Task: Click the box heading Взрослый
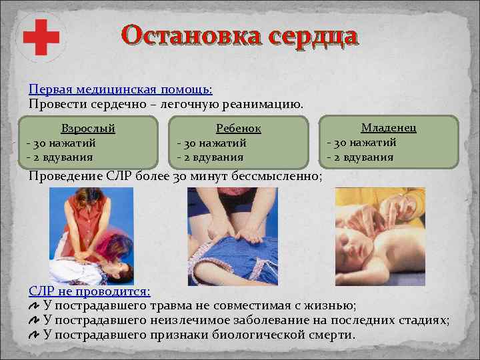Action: (88, 128)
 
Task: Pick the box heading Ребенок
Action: (239, 128)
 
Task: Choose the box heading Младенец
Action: (389, 127)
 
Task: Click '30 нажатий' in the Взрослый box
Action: (63, 143)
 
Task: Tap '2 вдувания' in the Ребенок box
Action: (212, 157)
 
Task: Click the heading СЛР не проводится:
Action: (90, 291)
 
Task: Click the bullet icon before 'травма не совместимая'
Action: (34, 306)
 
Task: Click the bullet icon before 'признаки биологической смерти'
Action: (34, 335)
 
